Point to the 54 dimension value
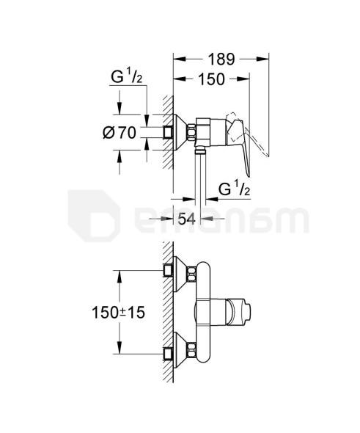point(186,218)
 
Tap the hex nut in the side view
point(193,132)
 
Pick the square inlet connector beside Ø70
point(169,133)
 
